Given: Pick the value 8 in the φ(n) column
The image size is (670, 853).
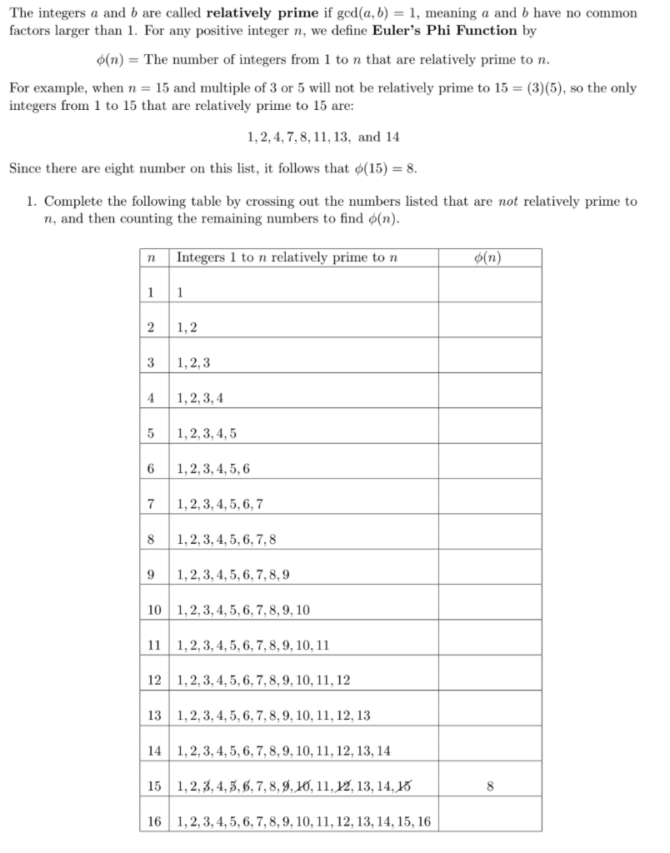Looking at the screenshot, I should [490, 786].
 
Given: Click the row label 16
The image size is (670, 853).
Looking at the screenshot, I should [153, 821].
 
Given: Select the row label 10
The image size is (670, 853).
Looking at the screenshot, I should [153, 610].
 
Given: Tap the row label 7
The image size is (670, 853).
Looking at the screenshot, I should [150, 504].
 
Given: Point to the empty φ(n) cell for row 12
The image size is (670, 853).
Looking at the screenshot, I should [490, 680].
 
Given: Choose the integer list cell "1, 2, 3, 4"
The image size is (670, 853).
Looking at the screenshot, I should [200, 398].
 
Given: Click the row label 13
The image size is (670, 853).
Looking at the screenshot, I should [153, 716].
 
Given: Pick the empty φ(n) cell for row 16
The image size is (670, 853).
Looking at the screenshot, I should [490, 821].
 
